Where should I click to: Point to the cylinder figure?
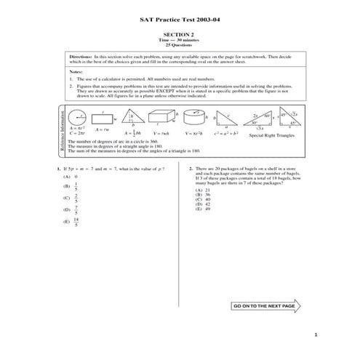[x=193, y=116]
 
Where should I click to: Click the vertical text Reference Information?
[x=62, y=132]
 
